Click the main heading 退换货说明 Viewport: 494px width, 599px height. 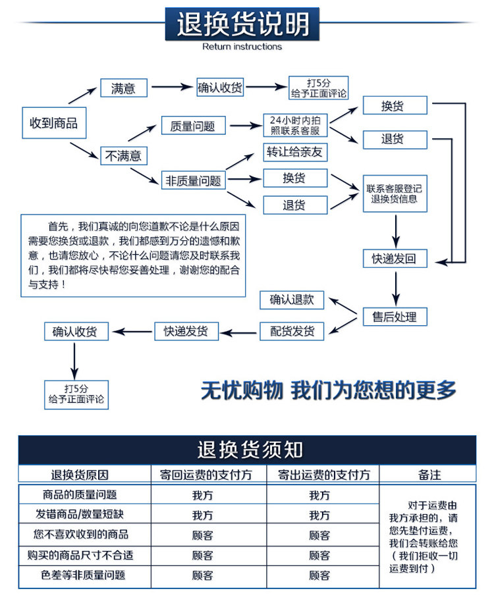point(242,25)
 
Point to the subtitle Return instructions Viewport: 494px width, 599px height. point(242,47)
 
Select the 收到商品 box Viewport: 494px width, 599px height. point(54,122)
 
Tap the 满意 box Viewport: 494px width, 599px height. point(123,88)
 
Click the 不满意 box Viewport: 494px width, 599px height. point(123,156)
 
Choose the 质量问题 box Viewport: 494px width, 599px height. point(192,126)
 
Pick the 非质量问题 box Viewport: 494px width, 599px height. point(193,180)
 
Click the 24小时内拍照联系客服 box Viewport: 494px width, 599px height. point(296,125)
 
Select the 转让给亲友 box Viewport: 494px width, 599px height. point(295,152)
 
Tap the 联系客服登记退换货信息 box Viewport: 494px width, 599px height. point(395,194)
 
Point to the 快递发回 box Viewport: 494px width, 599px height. point(395,259)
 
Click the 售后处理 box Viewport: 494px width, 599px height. point(395,317)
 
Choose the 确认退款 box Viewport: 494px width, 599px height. point(292,300)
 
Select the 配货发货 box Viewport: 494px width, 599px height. point(292,331)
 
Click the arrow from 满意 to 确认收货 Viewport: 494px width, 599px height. point(172,88)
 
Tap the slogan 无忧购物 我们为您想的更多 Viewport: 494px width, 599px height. point(328,390)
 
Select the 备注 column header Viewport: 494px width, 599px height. point(429,475)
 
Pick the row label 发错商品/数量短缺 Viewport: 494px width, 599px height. point(85,514)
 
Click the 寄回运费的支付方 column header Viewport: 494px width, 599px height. point(209,475)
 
